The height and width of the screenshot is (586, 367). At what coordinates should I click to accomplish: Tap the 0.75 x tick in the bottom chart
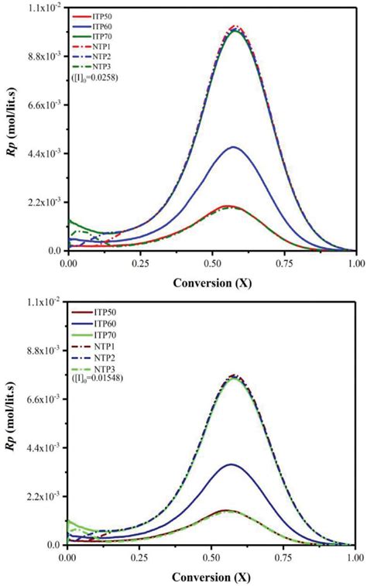click(283, 557)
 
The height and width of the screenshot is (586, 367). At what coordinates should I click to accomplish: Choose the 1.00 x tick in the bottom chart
click(355, 557)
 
